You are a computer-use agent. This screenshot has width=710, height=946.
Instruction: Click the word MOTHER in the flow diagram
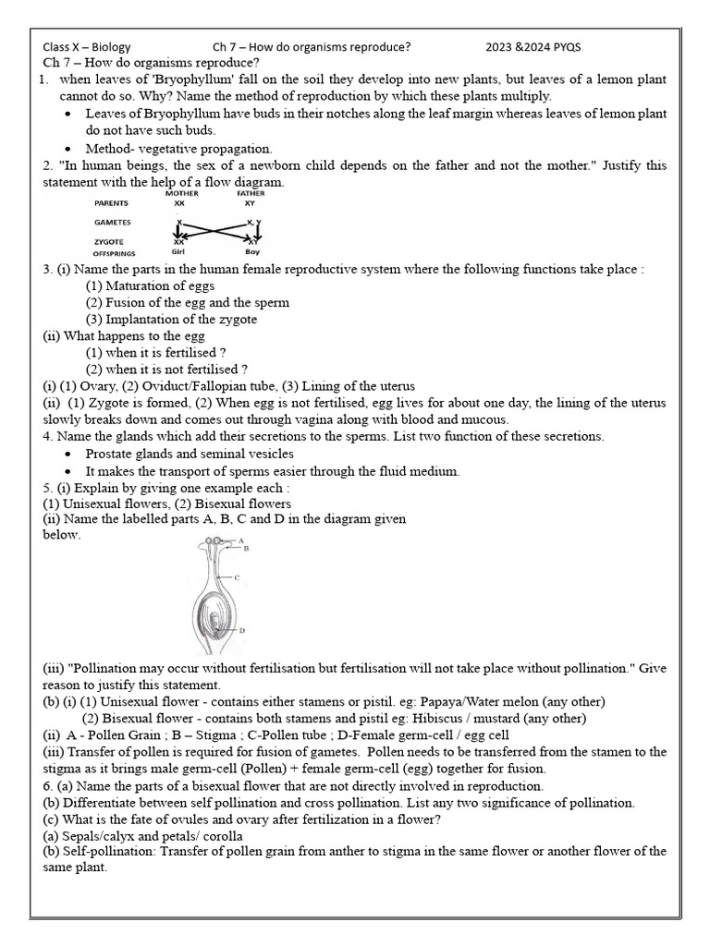coord(179,193)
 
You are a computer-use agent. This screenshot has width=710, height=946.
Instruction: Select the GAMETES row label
coord(113,223)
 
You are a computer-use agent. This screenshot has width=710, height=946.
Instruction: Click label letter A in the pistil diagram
coord(239,540)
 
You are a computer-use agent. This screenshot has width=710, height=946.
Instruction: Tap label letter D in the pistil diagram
coord(240,630)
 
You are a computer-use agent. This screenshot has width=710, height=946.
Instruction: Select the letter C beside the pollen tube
coord(238,577)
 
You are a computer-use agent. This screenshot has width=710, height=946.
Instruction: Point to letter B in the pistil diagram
coord(246,548)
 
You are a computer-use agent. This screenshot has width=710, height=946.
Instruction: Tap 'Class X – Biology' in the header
coord(87,47)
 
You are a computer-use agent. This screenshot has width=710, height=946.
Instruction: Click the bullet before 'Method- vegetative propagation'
coord(71,148)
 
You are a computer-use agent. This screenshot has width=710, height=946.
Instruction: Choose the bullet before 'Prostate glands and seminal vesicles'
coord(71,454)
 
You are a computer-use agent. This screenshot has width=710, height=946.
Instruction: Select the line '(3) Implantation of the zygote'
coord(171,319)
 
